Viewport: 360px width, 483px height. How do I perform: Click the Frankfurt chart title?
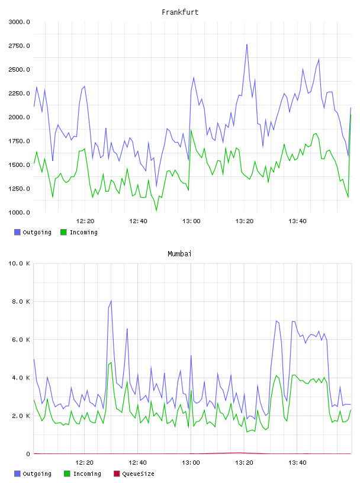tap(180, 12)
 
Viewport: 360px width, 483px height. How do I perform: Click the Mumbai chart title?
tap(179, 253)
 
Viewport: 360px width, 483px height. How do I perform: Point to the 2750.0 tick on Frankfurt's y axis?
tap(19, 46)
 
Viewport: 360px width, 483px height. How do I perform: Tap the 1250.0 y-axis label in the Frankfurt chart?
tap(19, 188)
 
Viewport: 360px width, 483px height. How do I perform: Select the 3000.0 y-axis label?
tap(19, 22)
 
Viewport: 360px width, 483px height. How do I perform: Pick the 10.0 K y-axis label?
tap(19, 263)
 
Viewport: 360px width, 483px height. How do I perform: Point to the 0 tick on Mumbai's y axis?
tap(28, 454)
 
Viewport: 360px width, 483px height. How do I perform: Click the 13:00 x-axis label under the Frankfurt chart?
tap(191, 221)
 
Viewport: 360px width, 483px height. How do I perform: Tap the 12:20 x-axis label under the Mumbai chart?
tap(84, 462)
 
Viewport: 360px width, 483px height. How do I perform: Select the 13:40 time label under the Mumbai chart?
tap(297, 462)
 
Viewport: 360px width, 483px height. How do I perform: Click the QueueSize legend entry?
tap(134, 474)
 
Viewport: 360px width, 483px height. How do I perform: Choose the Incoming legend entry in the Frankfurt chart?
tap(79, 232)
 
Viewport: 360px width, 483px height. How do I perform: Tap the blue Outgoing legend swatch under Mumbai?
tap(17, 474)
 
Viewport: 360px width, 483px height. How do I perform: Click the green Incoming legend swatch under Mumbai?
tap(67, 474)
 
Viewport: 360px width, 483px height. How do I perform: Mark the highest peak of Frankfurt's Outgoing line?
tap(247, 44)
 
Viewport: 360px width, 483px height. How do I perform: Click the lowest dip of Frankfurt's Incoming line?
tap(156, 210)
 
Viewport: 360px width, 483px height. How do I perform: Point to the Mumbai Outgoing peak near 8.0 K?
tap(111, 301)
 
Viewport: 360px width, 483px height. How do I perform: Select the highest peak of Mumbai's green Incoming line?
tap(111, 363)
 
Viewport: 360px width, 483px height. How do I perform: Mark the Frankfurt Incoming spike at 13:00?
tap(191, 130)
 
